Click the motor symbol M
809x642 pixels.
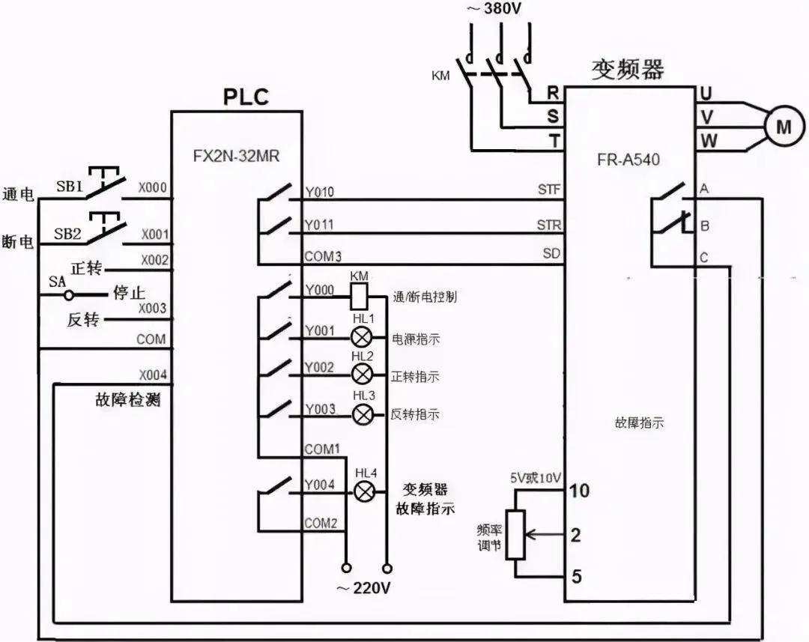click(784, 128)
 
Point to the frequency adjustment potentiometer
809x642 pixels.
click(515, 534)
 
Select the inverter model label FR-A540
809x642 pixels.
click(628, 160)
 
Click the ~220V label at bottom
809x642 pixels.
click(363, 588)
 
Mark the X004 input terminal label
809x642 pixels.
click(153, 375)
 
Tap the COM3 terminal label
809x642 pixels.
click(323, 257)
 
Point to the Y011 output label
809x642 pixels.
click(319, 225)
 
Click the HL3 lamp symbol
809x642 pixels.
click(363, 414)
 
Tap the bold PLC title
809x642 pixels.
click(246, 97)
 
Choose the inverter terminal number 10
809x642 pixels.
click(580, 491)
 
